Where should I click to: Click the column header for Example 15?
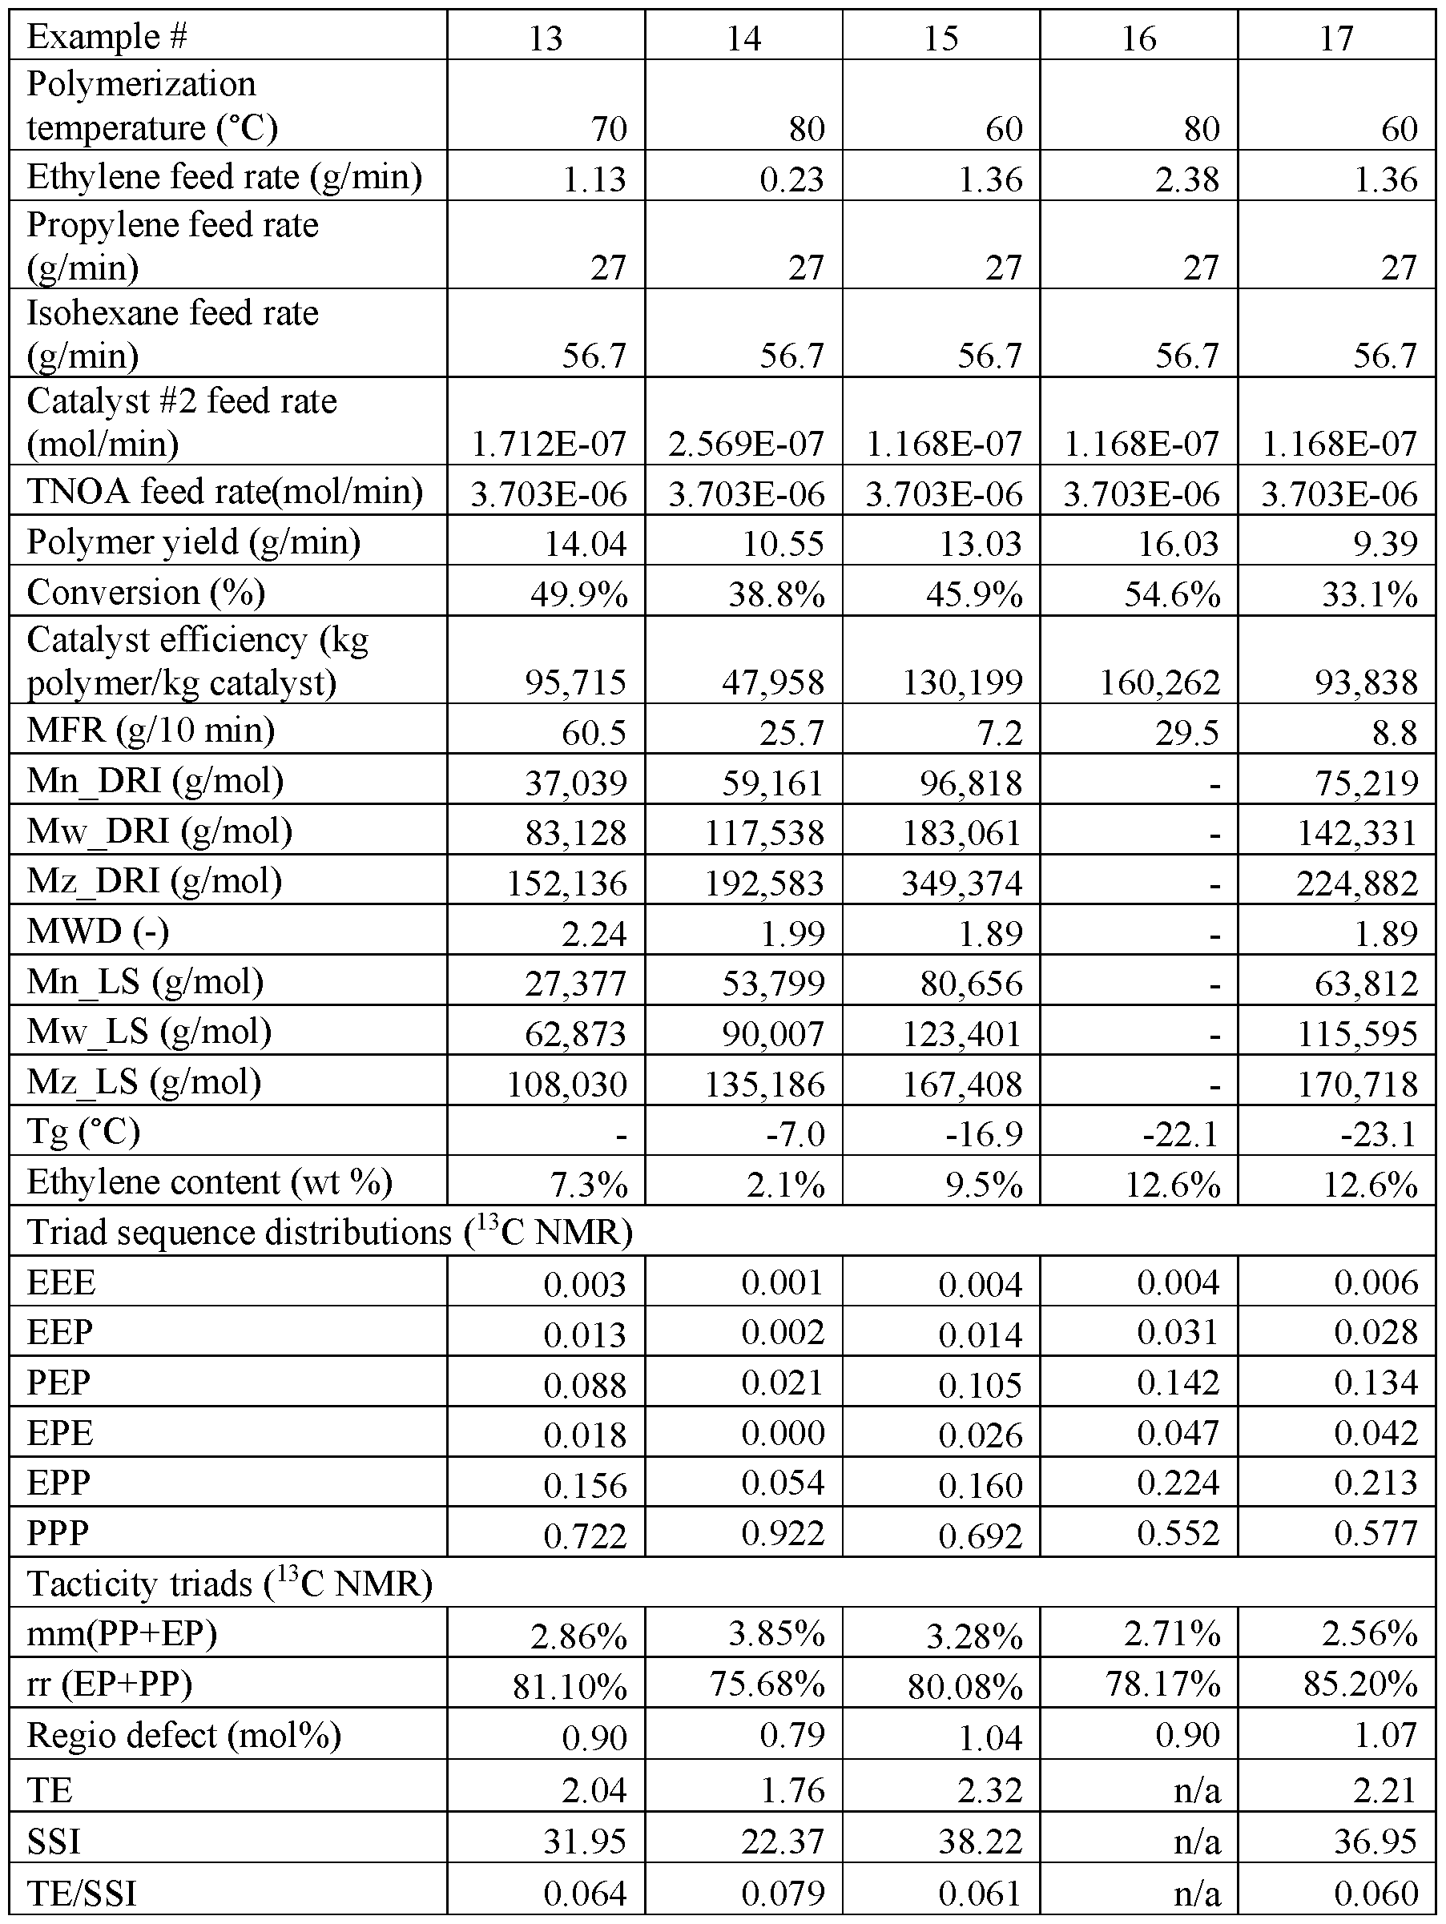[941, 38]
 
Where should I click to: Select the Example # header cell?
[108, 37]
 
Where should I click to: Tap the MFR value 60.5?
[594, 731]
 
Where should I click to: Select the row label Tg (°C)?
[83, 1132]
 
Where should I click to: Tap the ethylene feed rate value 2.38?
[1189, 179]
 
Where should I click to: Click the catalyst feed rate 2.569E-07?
[746, 444]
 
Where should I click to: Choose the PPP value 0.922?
[782, 1532]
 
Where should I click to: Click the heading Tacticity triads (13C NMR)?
[230, 1583]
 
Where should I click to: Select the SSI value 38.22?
[981, 1841]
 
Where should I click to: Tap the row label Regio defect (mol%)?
[183, 1735]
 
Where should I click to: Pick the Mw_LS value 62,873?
[575, 1033]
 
